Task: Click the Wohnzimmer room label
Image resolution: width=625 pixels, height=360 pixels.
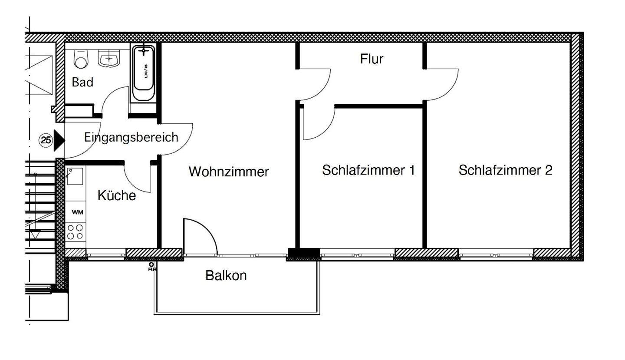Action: click(229, 172)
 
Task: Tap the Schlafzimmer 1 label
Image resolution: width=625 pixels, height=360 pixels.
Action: click(368, 170)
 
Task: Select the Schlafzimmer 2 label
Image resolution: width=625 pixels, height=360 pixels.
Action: click(505, 170)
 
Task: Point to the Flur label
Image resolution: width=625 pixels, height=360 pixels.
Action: click(372, 59)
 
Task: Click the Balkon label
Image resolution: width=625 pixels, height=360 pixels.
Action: click(226, 275)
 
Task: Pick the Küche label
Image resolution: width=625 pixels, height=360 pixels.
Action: click(116, 195)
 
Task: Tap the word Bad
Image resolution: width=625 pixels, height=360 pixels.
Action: click(82, 82)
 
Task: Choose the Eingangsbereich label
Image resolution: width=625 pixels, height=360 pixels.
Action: click(131, 137)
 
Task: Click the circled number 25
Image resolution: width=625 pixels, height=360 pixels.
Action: click(46, 140)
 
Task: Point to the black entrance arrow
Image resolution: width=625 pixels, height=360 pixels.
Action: click(59, 140)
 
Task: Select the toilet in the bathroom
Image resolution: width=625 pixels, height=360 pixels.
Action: click(81, 59)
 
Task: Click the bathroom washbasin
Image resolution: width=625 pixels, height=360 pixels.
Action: click(109, 59)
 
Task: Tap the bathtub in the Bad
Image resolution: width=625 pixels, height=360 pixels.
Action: click(143, 73)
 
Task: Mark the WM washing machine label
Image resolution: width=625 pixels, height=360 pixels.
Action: click(77, 212)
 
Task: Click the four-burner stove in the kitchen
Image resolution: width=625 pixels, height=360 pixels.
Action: click(75, 232)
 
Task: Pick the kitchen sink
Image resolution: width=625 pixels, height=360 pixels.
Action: click(74, 176)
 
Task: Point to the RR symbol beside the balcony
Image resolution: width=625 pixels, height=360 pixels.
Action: click(151, 267)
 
